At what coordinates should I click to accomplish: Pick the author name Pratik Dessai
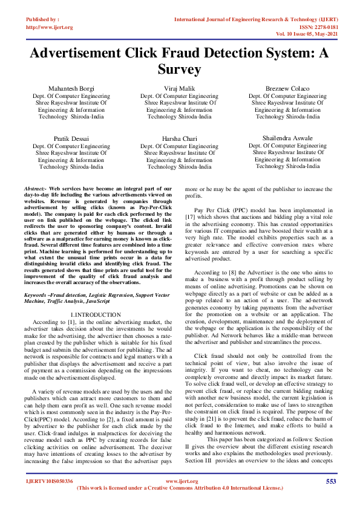[71, 138]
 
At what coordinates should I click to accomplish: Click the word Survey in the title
[179, 70]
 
